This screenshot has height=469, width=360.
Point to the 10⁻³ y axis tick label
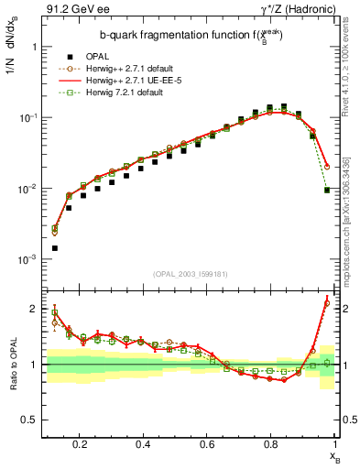[26, 260]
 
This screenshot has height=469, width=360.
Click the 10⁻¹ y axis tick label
[26, 118]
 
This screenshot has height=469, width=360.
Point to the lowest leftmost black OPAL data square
[55, 247]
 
